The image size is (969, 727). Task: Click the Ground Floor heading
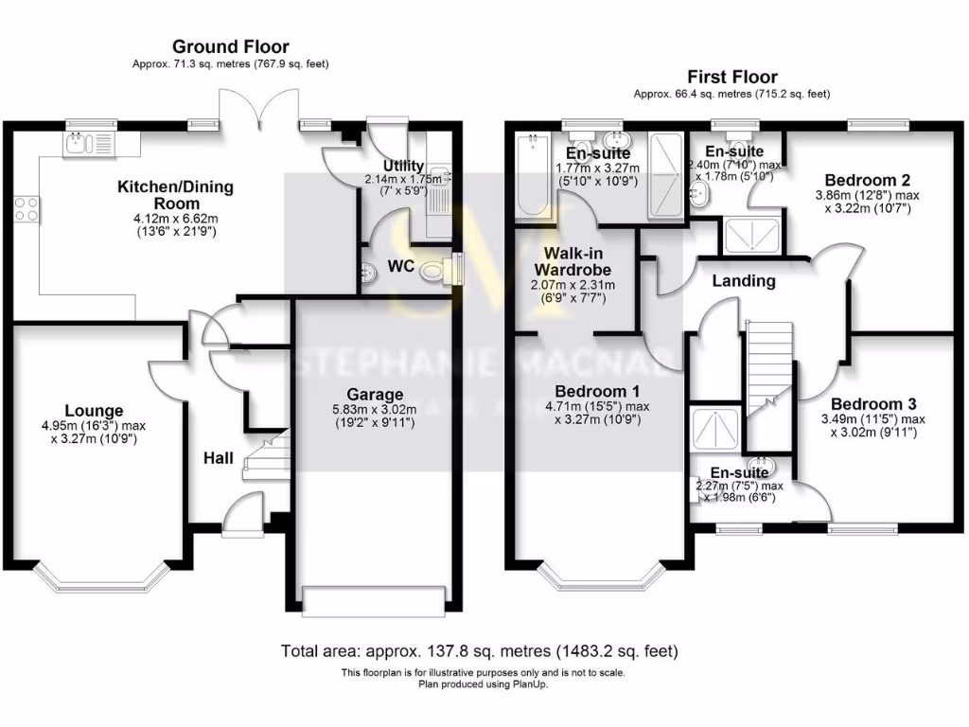(230, 46)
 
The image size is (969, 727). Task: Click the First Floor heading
(731, 77)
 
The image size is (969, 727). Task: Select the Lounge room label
(95, 411)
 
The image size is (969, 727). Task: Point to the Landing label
(744, 280)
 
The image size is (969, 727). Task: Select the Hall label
(219, 457)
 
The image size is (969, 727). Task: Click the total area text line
(479, 651)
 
